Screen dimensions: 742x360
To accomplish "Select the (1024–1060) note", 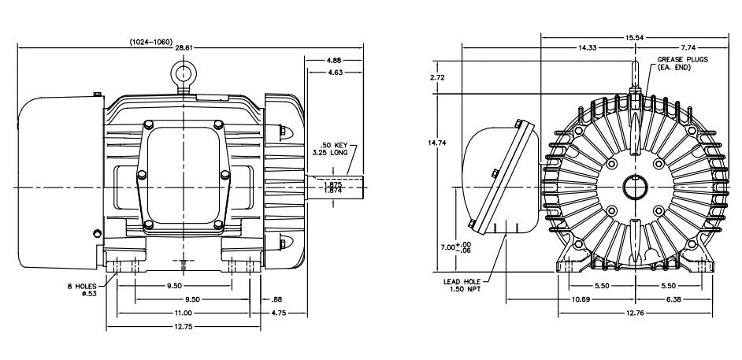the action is point(151,42).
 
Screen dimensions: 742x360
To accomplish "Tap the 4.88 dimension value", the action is point(334,60).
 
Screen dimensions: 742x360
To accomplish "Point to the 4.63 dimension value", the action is point(334,72).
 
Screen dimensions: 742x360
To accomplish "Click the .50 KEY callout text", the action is point(334,145).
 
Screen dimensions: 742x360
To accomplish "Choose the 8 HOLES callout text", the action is point(81,286).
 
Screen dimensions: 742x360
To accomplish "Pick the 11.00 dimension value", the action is point(183,313).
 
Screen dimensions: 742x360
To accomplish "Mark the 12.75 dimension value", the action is point(183,326).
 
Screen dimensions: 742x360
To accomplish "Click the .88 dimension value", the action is point(276,299).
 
